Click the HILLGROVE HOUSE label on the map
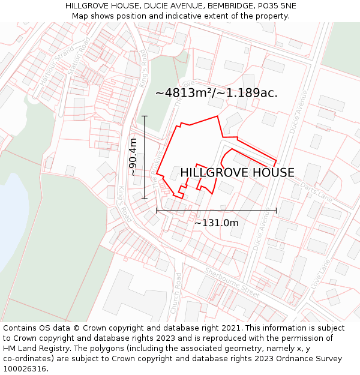[237, 173]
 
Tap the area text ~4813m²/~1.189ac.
[216, 93]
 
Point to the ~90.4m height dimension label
[133, 157]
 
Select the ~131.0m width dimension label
[216, 223]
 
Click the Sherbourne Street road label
[232, 282]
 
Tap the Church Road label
[174, 292]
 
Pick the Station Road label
[80, 56]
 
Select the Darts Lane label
[316, 192]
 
